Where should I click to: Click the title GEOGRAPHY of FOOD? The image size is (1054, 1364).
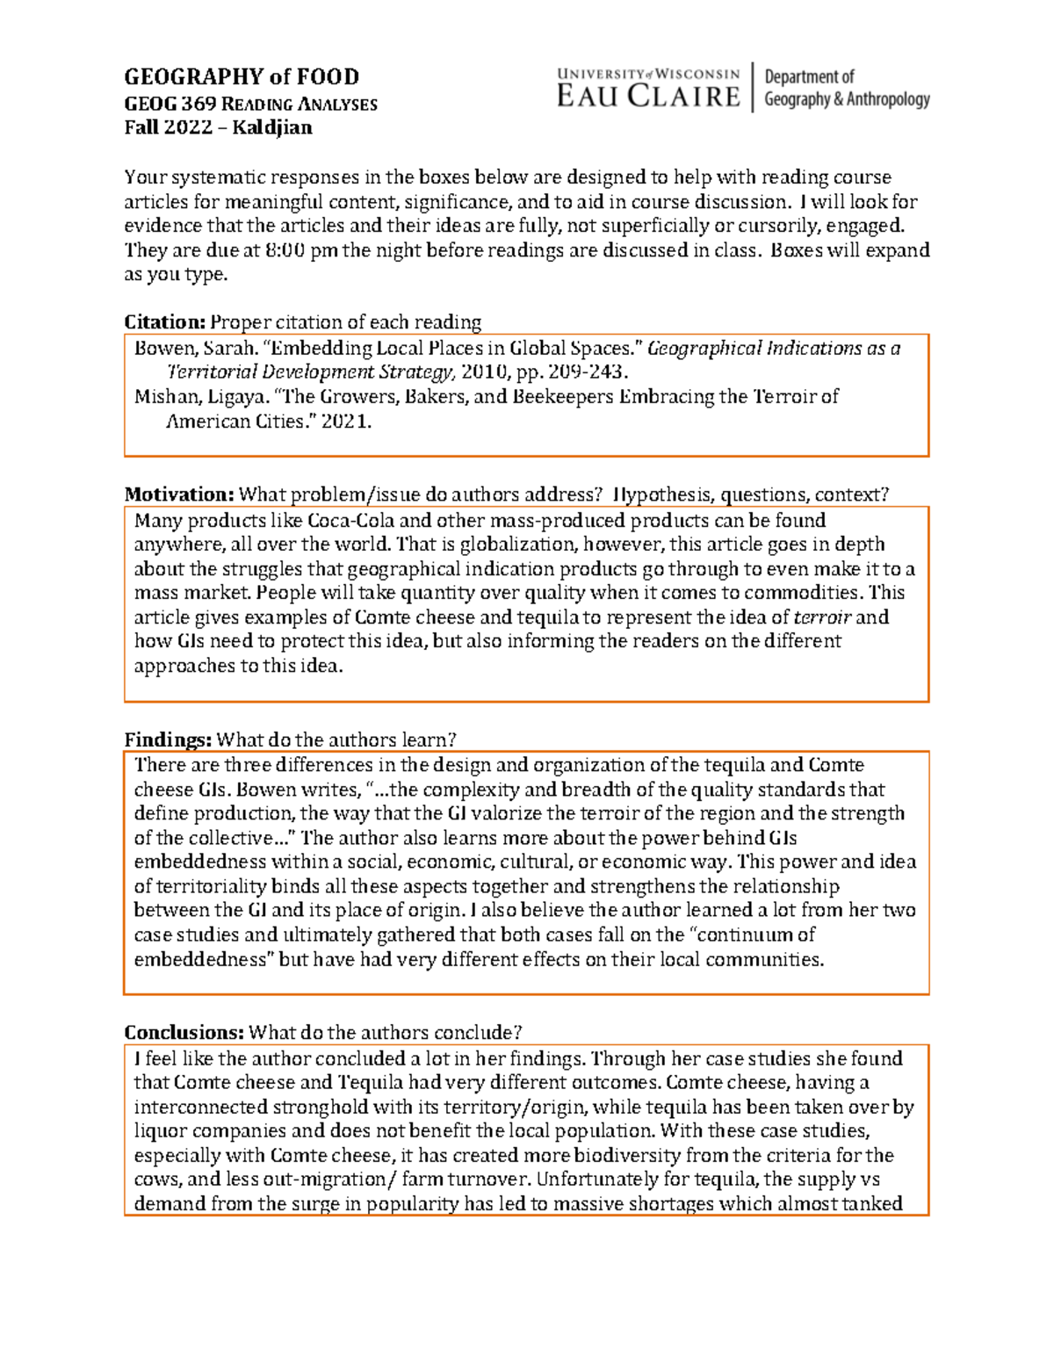[242, 77]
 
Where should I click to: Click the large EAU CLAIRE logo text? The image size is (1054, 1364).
[648, 97]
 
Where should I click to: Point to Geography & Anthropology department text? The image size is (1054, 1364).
[847, 99]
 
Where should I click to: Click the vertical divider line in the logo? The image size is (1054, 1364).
[753, 87]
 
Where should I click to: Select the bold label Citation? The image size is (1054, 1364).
[164, 321]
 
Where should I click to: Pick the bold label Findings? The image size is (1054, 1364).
[168, 740]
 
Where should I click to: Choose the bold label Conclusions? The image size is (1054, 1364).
[184, 1032]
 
